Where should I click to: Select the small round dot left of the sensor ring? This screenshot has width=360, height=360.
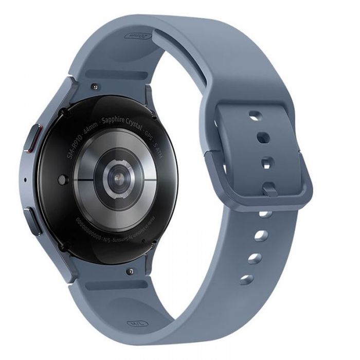pyautogui.click(x=62, y=179)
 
